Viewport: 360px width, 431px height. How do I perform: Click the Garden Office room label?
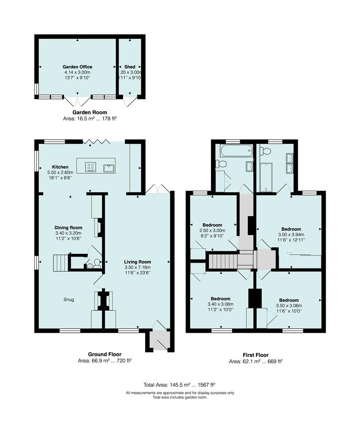(x=77, y=67)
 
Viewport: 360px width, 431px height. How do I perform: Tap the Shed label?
(x=130, y=67)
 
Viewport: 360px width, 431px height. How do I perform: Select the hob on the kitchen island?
(x=90, y=166)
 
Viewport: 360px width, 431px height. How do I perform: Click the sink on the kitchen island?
(x=109, y=168)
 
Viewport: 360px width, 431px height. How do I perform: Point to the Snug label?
(x=69, y=300)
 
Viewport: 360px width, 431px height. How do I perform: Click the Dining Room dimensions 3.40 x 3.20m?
(x=69, y=233)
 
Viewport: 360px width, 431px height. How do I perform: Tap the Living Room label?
(x=137, y=262)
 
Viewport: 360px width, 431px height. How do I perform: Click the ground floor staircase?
(x=60, y=263)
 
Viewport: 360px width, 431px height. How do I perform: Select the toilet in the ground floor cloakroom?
(x=97, y=264)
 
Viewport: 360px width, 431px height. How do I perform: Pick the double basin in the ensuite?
(x=289, y=163)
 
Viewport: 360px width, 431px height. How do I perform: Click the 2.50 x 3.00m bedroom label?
(x=212, y=230)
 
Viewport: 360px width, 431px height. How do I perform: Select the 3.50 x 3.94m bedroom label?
(x=291, y=235)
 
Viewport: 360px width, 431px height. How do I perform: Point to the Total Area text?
(x=179, y=385)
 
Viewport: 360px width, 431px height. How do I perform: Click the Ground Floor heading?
(x=104, y=354)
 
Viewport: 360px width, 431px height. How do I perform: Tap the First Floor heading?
(x=256, y=355)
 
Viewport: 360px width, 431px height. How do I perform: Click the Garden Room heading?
(x=90, y=113)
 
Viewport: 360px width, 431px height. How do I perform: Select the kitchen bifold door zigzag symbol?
(x=96, y=141)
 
